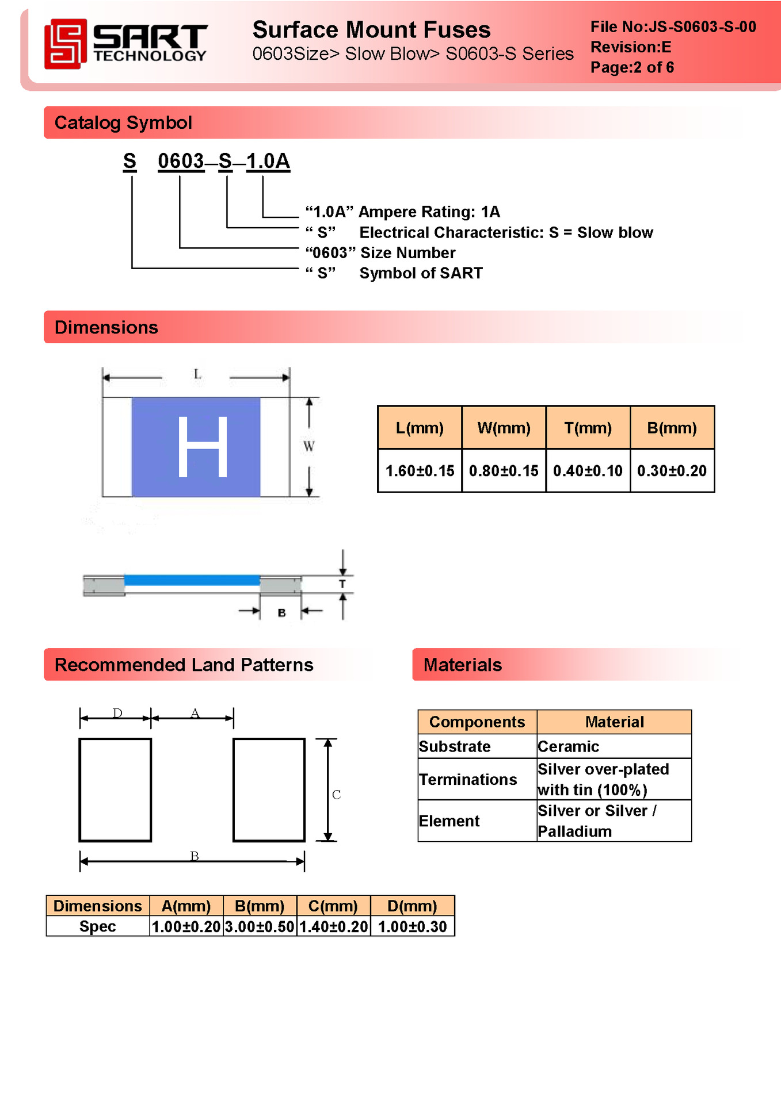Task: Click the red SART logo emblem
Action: coord(65,44)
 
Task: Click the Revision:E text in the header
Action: coord(630,47)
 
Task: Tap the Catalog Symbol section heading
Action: coord(123,122)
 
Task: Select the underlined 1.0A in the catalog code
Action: coord(268,162)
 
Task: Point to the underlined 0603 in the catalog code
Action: coord(181,162)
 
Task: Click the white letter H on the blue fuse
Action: coord(203,447)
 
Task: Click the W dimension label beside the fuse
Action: coord(308,446)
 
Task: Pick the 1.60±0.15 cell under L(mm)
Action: coord(420,471)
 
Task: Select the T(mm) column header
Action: coord(588,428)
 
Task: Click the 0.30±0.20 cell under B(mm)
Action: coord(672,471)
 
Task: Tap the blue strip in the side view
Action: coord(192,580)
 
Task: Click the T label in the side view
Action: coord(342,584)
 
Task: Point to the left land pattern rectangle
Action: coord(115,789)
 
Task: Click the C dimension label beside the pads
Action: coord(336,795)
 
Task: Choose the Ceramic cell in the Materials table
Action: coord(568,746)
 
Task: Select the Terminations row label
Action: coord(468,779)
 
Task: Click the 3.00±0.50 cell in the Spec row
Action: coord(260,927)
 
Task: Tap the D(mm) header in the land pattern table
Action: coord(412,906)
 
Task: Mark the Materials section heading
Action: coord(462,665)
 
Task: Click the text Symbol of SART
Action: coord(421,273)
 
